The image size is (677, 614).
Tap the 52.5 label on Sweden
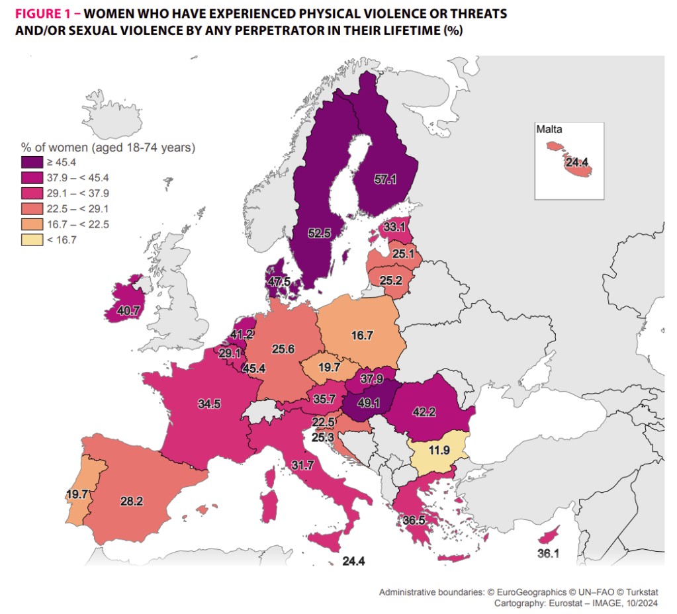tap(319, 232)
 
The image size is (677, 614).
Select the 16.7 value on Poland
tap(363, 335)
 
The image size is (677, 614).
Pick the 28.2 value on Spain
tap(131, 502)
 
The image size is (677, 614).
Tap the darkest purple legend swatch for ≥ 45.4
tap(31, 162)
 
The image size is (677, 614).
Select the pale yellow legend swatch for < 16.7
tap(31, 240)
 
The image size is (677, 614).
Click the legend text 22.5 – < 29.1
tap(77, 209)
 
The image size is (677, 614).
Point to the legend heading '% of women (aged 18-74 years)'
tap(108, 147)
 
